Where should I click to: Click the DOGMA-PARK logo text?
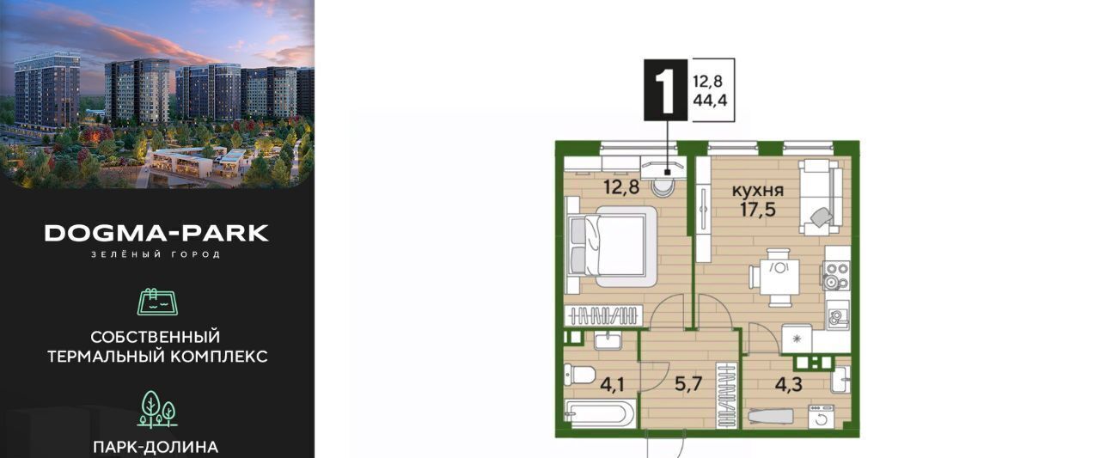[x=156, y=233]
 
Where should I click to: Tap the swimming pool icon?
[x=157, y=302]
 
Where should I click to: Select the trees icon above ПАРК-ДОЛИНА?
[x=157, y=409]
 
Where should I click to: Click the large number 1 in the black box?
[x=665, y=90]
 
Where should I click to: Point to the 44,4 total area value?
[x=710, y=101]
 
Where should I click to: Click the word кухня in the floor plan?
[x=758, y=190]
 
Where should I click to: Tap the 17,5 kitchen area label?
[x=758, y=209]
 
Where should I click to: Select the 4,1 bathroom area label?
[x=613, y=384]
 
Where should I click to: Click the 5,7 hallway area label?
[x=688, y=384]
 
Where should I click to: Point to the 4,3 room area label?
[x=789, y=384]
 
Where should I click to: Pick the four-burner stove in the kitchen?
[x=836, y=275]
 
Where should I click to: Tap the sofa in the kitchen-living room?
[x=820, y=197]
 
